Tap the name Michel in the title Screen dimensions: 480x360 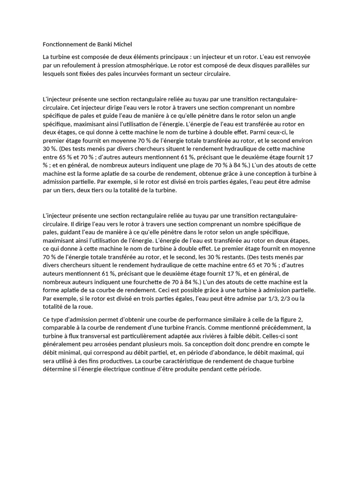[x=123, y=45]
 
